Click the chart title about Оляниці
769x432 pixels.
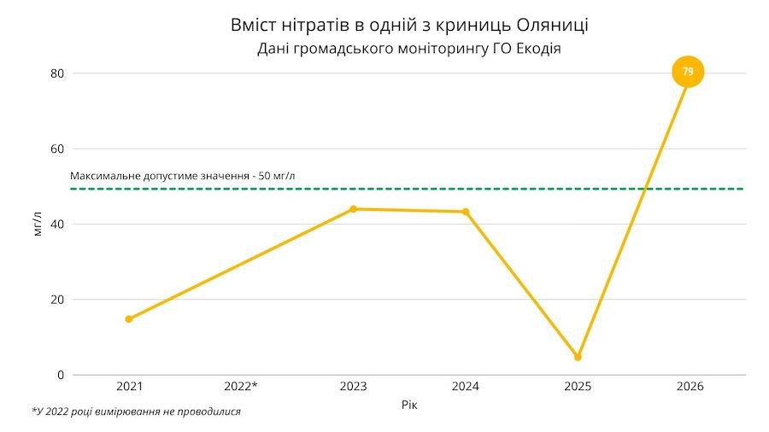(409, 25)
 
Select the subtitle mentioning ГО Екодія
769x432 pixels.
(409, 49)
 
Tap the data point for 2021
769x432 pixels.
(129, 319)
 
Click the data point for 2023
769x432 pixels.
(353, 208)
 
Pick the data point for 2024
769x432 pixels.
(466, 212)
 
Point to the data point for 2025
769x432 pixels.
(578, 357)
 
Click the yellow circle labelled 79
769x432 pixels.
(688, 72)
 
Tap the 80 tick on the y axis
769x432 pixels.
(57, 73)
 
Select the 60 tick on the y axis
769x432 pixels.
(57, 149)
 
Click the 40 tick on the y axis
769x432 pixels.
(57, 224)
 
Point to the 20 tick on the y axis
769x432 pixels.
(57, 300)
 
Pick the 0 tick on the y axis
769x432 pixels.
(61, 375)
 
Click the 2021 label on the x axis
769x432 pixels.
(129, 387)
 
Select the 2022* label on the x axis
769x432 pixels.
(241, 387)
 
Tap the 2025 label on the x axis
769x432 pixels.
(578, 387)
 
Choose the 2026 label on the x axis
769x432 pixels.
(690, 387)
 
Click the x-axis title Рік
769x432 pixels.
(409, 405)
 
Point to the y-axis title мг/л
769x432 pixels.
(37, 225)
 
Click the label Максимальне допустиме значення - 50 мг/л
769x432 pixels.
(183, 176)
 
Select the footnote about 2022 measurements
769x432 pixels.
(137, 412)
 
